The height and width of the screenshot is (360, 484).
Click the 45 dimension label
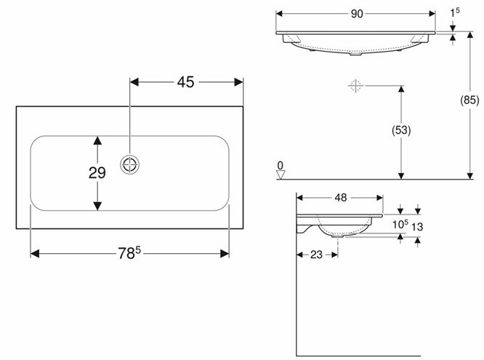click(185, 82)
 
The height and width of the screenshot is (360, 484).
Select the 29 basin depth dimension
click(97, 173)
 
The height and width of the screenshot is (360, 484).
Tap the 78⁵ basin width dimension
click(129, 253)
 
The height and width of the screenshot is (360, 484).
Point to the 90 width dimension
click(357, 14)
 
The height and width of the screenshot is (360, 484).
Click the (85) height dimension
click(469, 100)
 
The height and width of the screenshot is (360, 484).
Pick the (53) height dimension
click(401, 130)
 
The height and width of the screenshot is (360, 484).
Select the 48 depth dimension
click(340, 198)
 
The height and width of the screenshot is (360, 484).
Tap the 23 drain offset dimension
click(316, 255)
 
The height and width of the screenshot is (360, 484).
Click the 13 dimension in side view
click(417, 227)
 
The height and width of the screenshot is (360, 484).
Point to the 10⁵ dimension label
click(400, 224)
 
